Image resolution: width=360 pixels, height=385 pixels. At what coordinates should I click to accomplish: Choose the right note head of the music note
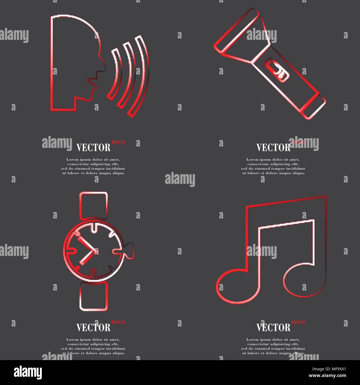(305, 280)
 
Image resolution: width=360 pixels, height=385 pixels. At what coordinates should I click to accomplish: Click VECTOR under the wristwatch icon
(93, 328)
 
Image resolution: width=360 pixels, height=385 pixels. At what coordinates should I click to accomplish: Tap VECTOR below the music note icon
(273, 328)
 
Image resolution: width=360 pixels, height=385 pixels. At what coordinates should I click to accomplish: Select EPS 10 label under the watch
(118, 322)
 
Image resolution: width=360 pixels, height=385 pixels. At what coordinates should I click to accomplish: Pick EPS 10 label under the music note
(298, 322)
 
